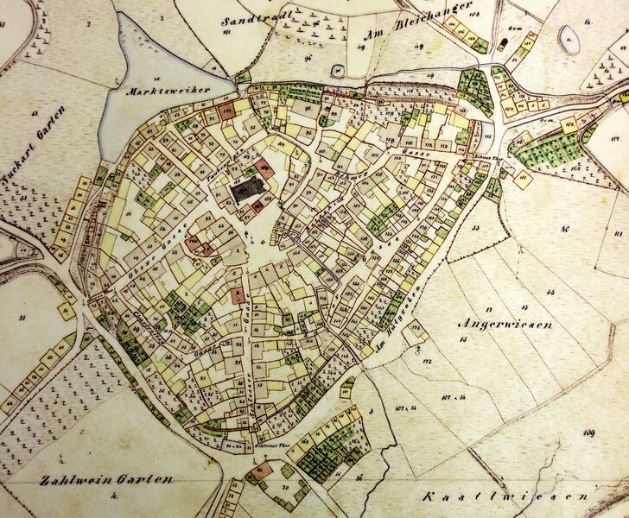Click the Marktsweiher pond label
point(162,90)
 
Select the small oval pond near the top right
point(569,37)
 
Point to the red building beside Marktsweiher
point(228,111)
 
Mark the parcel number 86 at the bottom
point(358,477)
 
